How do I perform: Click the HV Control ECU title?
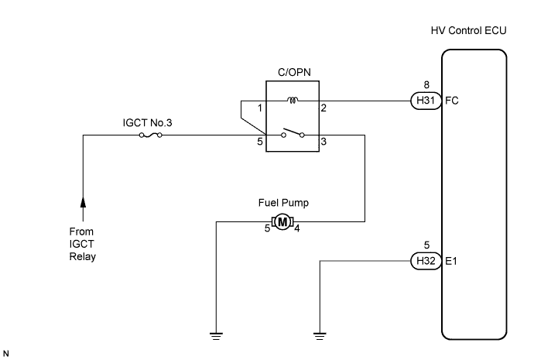(x=468, y=31)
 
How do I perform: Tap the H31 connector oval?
(x=426, y=101)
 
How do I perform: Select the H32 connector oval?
(x=426, y=261)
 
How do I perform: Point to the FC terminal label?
(x=452, y=101)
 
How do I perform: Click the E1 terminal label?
(x=451, y=261)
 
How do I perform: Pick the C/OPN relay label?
(x=294, y=72)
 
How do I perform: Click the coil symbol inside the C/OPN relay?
(x=293, y=100)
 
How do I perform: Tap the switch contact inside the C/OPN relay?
(x=293, y=133)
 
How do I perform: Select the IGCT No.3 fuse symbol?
(x=151, y=135)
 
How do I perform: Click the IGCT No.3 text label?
(x=148, y=122)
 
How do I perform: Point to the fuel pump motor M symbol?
(x=282, y=222)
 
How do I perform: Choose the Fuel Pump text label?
(x=283, y=203)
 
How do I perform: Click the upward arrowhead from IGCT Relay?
(x=83, y=201)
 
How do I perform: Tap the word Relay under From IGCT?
(x=82, y=256)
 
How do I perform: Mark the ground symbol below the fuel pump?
(x=216, y=336)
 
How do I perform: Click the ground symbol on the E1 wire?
(x=320, y=336)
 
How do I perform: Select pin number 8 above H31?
(x=426, y=85)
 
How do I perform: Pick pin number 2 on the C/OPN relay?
(x=323, y=108)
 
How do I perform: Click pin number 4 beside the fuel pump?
(x=297, y=228)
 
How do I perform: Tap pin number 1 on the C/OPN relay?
(x=260, y=108)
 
